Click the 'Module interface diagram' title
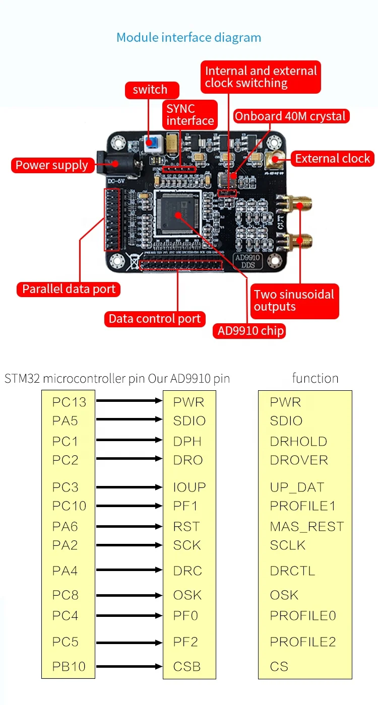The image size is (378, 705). point(188,37)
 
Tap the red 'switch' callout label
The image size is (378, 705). point(150,90)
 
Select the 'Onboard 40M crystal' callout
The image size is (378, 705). point(290,116)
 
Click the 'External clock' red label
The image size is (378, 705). point(332,159)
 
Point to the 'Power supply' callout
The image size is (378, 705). point(51,165)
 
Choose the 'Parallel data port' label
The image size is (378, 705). point(69,289)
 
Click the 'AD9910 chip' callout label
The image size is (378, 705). point(250,331)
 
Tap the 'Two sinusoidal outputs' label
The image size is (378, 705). point(294,301)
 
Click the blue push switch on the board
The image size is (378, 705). point(151,143)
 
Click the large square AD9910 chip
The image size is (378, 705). point(178,214)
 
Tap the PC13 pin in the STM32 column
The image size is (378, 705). point(69,402)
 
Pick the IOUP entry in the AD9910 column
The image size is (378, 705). point(190,487)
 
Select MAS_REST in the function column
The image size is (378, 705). point(306,527)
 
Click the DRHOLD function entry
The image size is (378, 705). point(298,442)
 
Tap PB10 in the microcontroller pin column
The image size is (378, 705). point(69,667)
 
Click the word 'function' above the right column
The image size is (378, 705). point(315,378)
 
